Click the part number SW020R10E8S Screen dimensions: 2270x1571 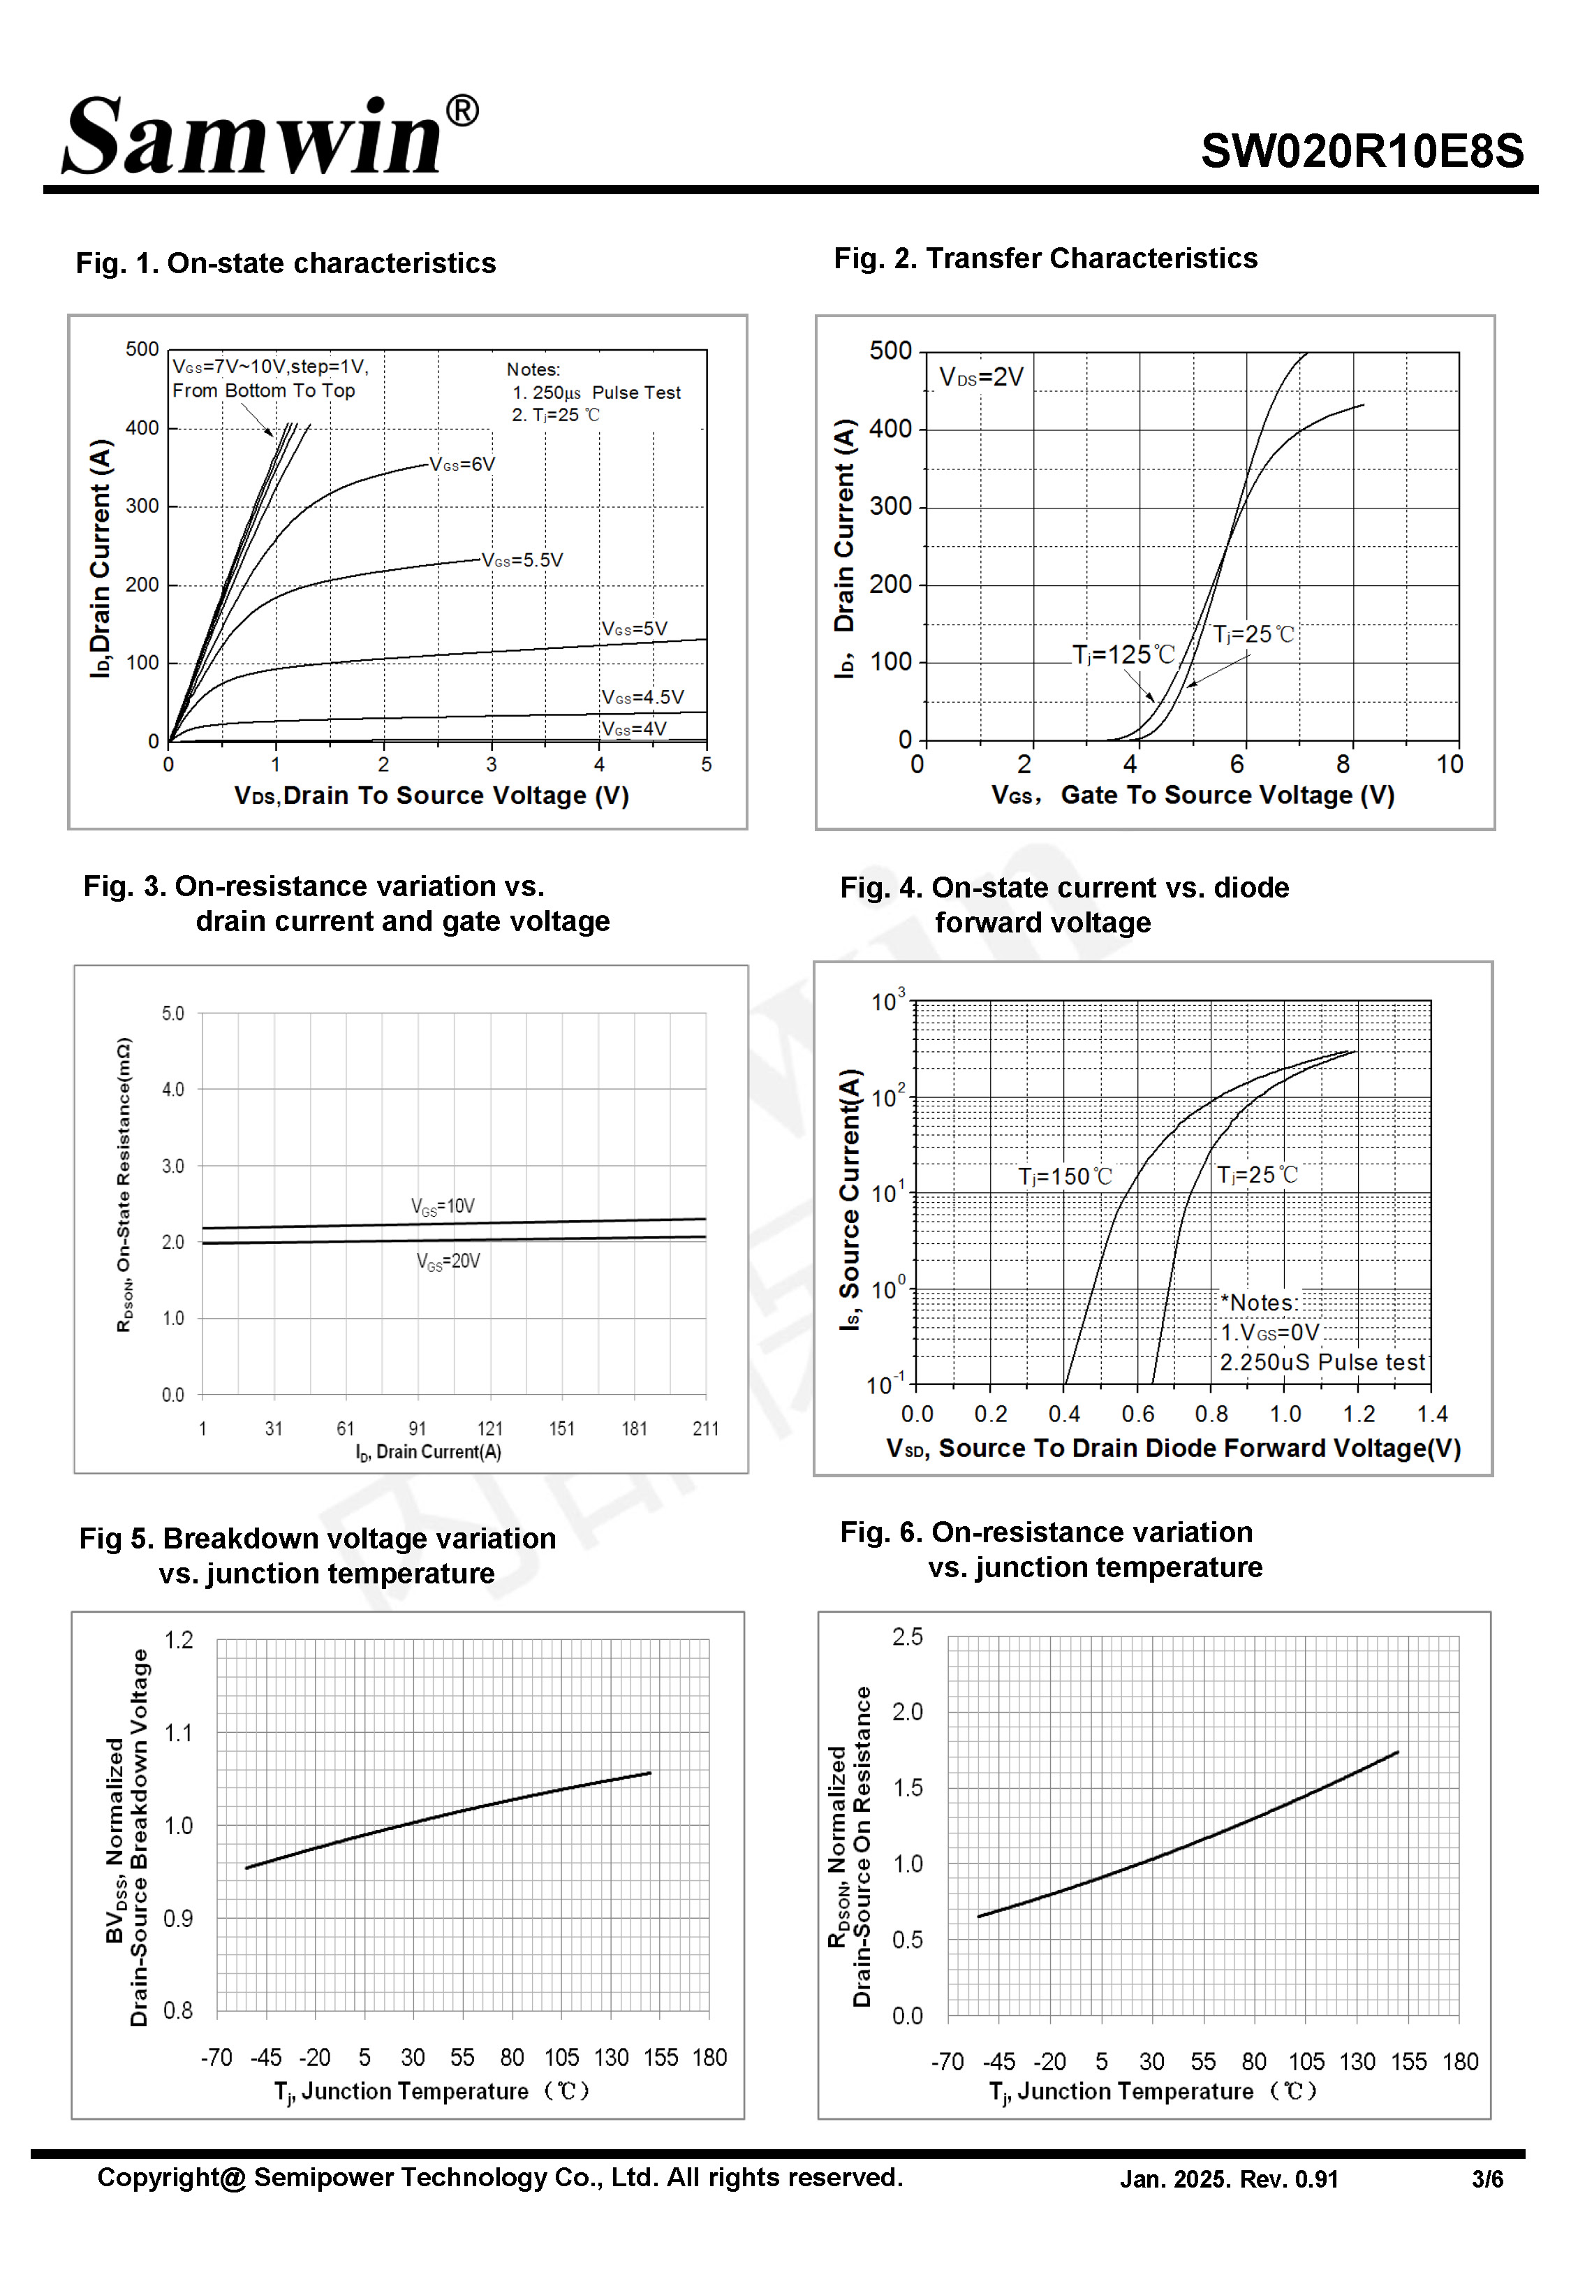tap(1362, 152)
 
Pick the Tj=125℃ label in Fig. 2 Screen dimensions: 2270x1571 tap(1123, 654)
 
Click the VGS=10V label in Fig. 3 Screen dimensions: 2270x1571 tap(442, 1206)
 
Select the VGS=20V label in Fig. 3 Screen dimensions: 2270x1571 tap(448, 1261)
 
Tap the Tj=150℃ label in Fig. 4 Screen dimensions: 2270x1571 tap(1064, 1176)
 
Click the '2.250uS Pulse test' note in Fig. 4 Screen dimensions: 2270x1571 tap(1322, 1363)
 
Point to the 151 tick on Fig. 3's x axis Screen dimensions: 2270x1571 tap(562, 1428)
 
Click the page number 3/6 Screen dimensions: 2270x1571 tap(1487, 2179)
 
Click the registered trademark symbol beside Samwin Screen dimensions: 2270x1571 tap(462, 110)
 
